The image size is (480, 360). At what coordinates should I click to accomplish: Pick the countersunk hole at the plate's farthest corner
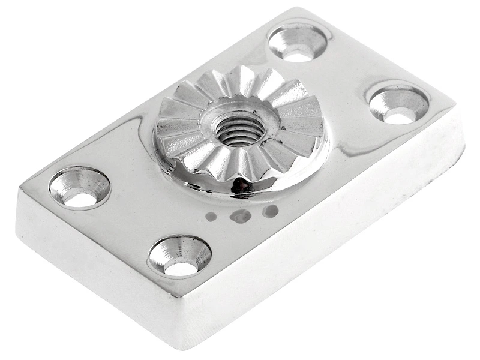(x=299, y=43)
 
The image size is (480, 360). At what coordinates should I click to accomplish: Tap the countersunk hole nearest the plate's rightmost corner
(x=398, y=104)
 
